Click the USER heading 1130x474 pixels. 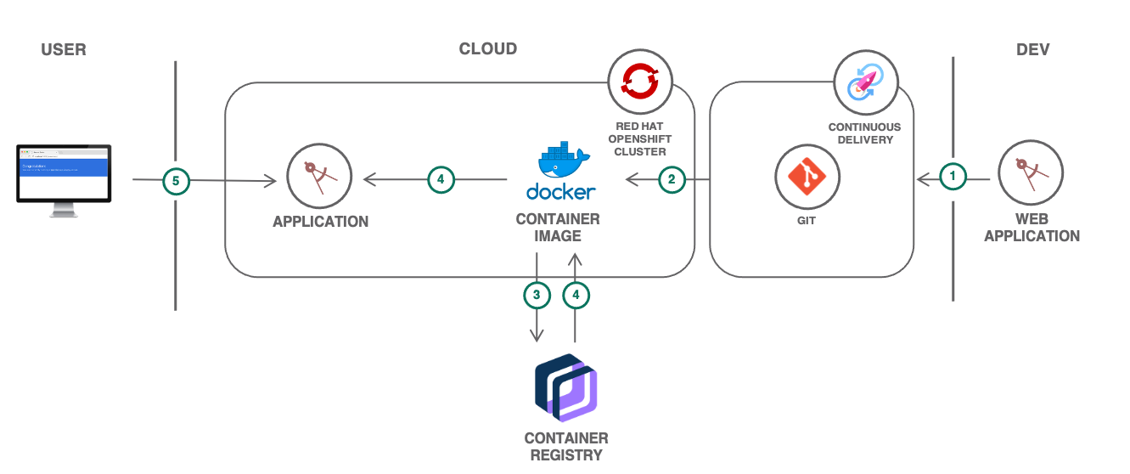point(64,49)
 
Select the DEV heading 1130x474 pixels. point(1032,49)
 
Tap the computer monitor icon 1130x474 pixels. point(64,180)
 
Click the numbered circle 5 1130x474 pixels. point(176,180)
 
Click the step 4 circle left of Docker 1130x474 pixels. point(441,179)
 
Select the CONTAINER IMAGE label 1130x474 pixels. point(558,227)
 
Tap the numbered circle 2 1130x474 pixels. point(672,179)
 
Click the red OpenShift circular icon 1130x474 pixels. point(640,81)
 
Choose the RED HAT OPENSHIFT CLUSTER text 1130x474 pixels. point(639,138)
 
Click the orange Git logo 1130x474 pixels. point(807,174)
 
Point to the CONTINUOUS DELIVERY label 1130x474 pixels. point(864,133)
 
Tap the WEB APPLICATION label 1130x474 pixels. point(1032,228)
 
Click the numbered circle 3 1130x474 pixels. point(537,295)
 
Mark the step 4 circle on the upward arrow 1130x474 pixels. point(576,295)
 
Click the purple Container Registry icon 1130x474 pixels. point(566,387)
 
